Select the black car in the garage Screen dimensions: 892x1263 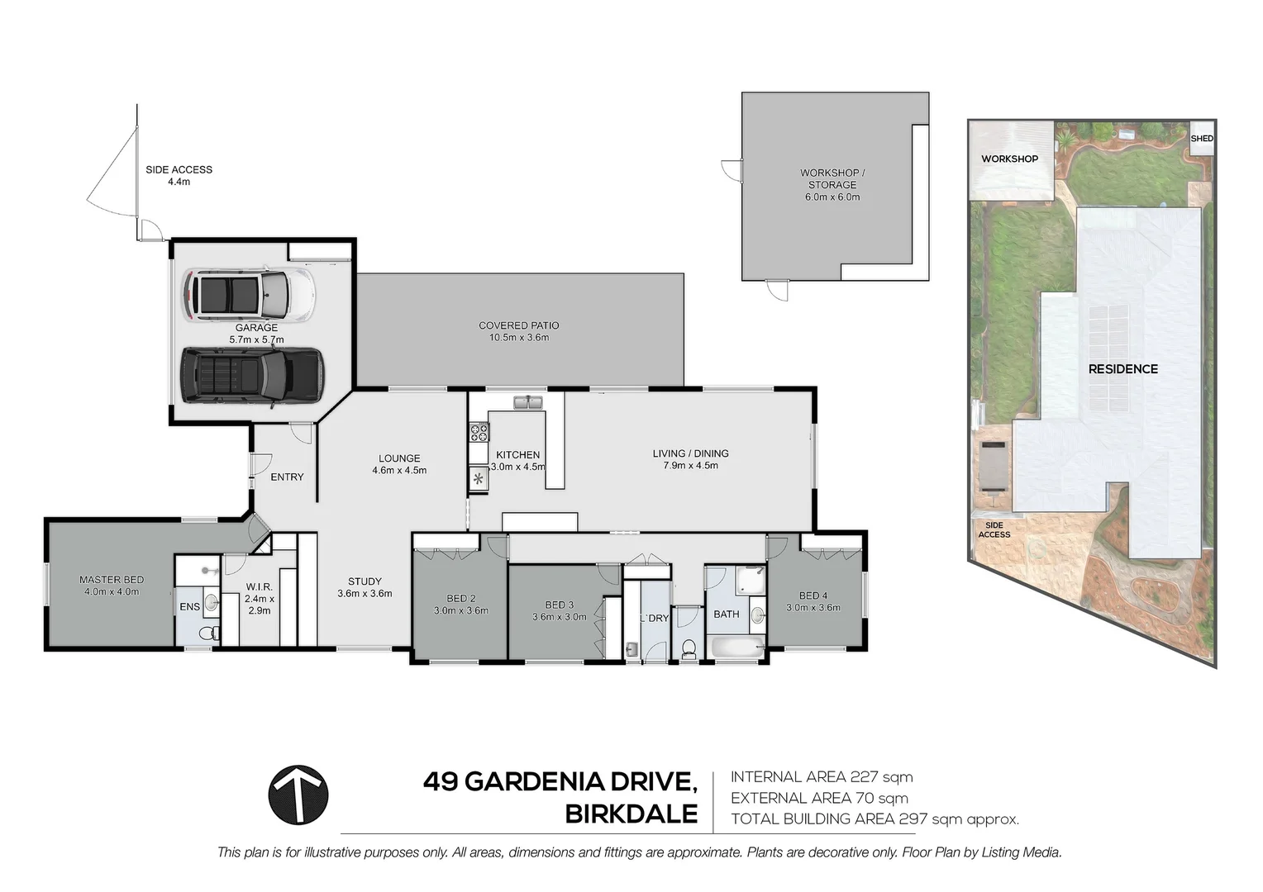[251, 376]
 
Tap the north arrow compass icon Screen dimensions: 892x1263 [298, 795]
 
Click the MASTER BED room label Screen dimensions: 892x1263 [111, 580]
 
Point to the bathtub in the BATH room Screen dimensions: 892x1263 [736, 647]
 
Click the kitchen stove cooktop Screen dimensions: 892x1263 [479, 431]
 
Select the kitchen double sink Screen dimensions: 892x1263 [527, 403]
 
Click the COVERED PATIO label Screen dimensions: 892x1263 [519, 325]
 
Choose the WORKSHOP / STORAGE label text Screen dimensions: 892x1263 [832, 178]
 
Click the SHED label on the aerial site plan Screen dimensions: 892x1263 [1202, 139]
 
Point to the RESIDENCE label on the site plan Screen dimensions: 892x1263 [1122, 369]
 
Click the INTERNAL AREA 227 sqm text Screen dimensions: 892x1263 [822, 777]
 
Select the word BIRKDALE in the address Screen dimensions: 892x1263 [631, 814]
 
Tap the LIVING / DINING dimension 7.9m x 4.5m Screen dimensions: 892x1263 [690, 466]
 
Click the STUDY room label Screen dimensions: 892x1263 [365, 581]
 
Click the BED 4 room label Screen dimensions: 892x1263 [813, 595]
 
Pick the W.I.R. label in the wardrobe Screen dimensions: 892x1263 [259, 587]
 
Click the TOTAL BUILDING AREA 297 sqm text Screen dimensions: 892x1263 [875, 819]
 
